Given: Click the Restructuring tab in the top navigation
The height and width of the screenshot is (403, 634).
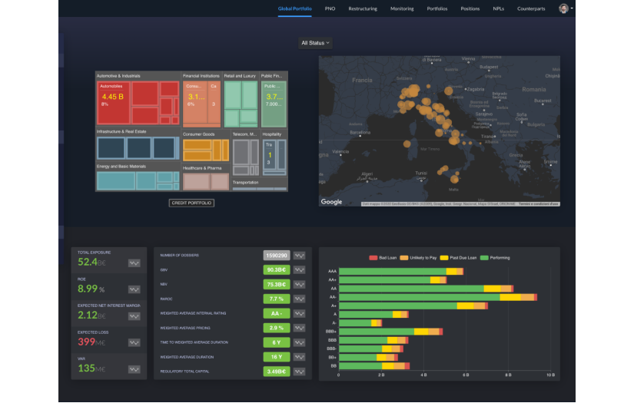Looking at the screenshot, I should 362,8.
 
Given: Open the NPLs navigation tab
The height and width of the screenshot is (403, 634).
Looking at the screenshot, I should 499,8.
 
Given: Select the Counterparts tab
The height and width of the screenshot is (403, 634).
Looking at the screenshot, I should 531,8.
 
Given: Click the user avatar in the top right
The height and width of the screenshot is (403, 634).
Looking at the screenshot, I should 563,8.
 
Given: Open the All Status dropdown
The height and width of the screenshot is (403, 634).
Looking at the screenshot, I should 316,43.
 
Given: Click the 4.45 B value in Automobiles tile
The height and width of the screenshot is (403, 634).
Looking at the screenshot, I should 112,97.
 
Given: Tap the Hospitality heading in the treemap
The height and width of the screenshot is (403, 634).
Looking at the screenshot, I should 272,134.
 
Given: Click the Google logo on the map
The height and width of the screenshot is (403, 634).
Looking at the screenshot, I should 331,202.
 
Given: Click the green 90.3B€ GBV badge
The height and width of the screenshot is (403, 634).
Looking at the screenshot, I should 276,269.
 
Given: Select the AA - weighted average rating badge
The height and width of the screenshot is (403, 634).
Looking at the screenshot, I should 276,313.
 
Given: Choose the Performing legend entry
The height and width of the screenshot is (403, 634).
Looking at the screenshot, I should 496,258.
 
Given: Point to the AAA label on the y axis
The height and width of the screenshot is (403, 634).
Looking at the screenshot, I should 332,272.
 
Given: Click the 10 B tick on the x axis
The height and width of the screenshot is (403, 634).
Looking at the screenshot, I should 549,375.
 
